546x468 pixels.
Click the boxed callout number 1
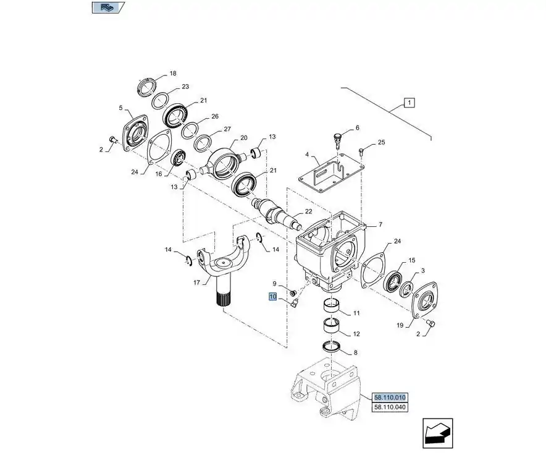[x=411, y=103]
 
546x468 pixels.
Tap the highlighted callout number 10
[x=272, y=297]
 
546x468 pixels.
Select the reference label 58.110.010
[x=390, y=398]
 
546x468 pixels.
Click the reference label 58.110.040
[x=390, y=407]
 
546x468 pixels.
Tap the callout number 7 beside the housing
[x=380, y=225]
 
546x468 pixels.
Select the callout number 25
[x=381, y=143]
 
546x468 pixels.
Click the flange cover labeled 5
[x=134, y=132]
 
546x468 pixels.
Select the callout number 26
[x=214, y=116]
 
